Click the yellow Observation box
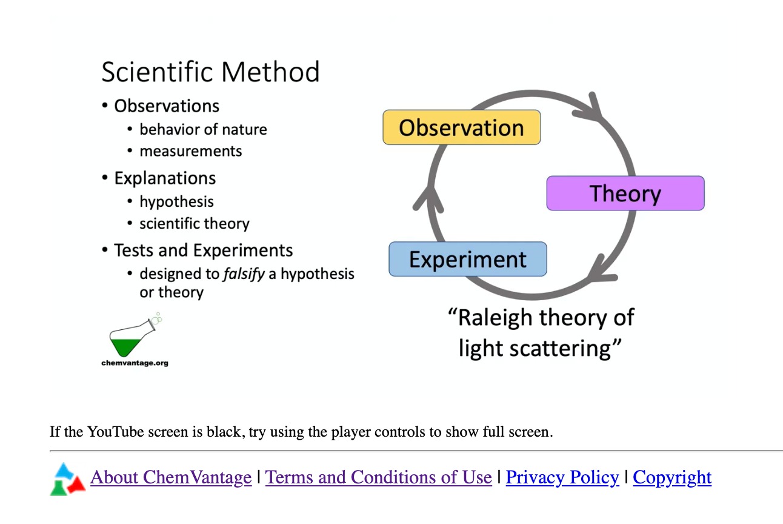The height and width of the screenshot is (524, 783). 461,127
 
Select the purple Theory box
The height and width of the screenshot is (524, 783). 625,193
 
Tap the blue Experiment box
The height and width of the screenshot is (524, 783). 467,259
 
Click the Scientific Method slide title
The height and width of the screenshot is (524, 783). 210,72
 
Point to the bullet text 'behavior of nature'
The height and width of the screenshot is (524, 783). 203,130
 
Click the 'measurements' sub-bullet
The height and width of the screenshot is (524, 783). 190,151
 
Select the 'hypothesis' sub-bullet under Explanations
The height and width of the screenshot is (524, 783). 176,201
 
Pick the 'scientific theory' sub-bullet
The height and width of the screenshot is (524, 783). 194,224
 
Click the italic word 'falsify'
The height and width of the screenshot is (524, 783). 244,274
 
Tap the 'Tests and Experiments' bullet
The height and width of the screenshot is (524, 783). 203,250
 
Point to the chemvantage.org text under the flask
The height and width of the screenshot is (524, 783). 135,363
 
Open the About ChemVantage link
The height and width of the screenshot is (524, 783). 171,478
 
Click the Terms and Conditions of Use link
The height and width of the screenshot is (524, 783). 378,478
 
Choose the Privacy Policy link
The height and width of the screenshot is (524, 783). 562,478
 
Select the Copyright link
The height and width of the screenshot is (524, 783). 672,478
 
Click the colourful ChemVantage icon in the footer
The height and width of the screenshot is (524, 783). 67,479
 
